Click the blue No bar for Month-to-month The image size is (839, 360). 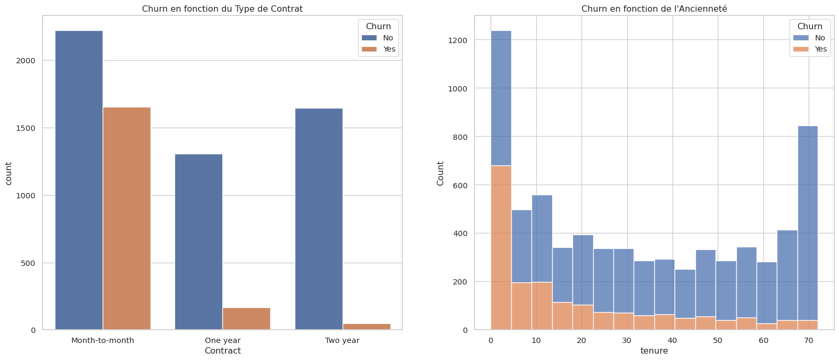pyautogui.click(x=79, y=180)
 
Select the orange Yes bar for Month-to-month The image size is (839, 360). pyautogui.click(x=127, y=219)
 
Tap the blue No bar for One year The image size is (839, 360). pyautogui.click(x=198, y=242)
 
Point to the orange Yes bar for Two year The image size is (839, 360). pyautogui.click(x=366, y=326)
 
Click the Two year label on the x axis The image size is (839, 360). pyautogui.click(x=342, y=340)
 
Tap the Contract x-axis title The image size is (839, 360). pyautogui.click(x=222, y=351)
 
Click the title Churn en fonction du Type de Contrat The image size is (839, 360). pyautogui.click(x=222, y=9)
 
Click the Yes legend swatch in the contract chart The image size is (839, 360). pyautogui.click(x=369, y=49)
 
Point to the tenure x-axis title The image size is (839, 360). pyautogui.click(x=654, y=351)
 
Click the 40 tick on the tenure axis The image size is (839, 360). pyautogui.click(x=672, y=340)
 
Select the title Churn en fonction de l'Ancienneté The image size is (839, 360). pyautogui.click(x=654, y=9)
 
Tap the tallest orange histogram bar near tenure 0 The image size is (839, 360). pyautogui.click(x=501, y=248)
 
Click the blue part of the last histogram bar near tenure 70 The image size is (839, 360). pyautogui.click(x=808, y=223)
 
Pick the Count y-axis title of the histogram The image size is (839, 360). pyautogui.click(x=441, y=173)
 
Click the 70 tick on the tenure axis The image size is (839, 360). pyautogui.click(x=809, y=340)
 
